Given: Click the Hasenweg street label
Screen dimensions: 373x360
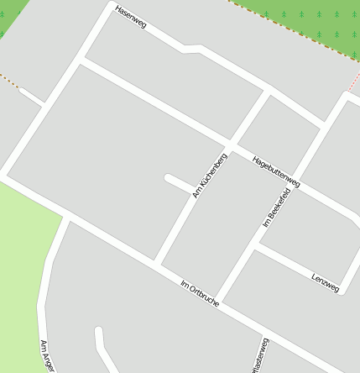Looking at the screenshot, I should [x=131, y=18].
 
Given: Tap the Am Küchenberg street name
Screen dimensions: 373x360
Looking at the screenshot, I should [x=209, y=175].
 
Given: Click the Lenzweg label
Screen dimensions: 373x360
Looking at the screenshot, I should [x=325, y=282].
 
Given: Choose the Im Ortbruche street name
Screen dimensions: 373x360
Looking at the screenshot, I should [x=200, y=294].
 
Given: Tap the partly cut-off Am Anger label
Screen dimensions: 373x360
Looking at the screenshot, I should [x=47, y=355].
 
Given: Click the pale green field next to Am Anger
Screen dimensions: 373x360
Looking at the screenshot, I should [x=21, y=269].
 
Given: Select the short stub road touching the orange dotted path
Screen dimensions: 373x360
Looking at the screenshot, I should [x=32, y=96].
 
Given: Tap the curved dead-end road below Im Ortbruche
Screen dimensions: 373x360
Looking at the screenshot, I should [x=100, y=344].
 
